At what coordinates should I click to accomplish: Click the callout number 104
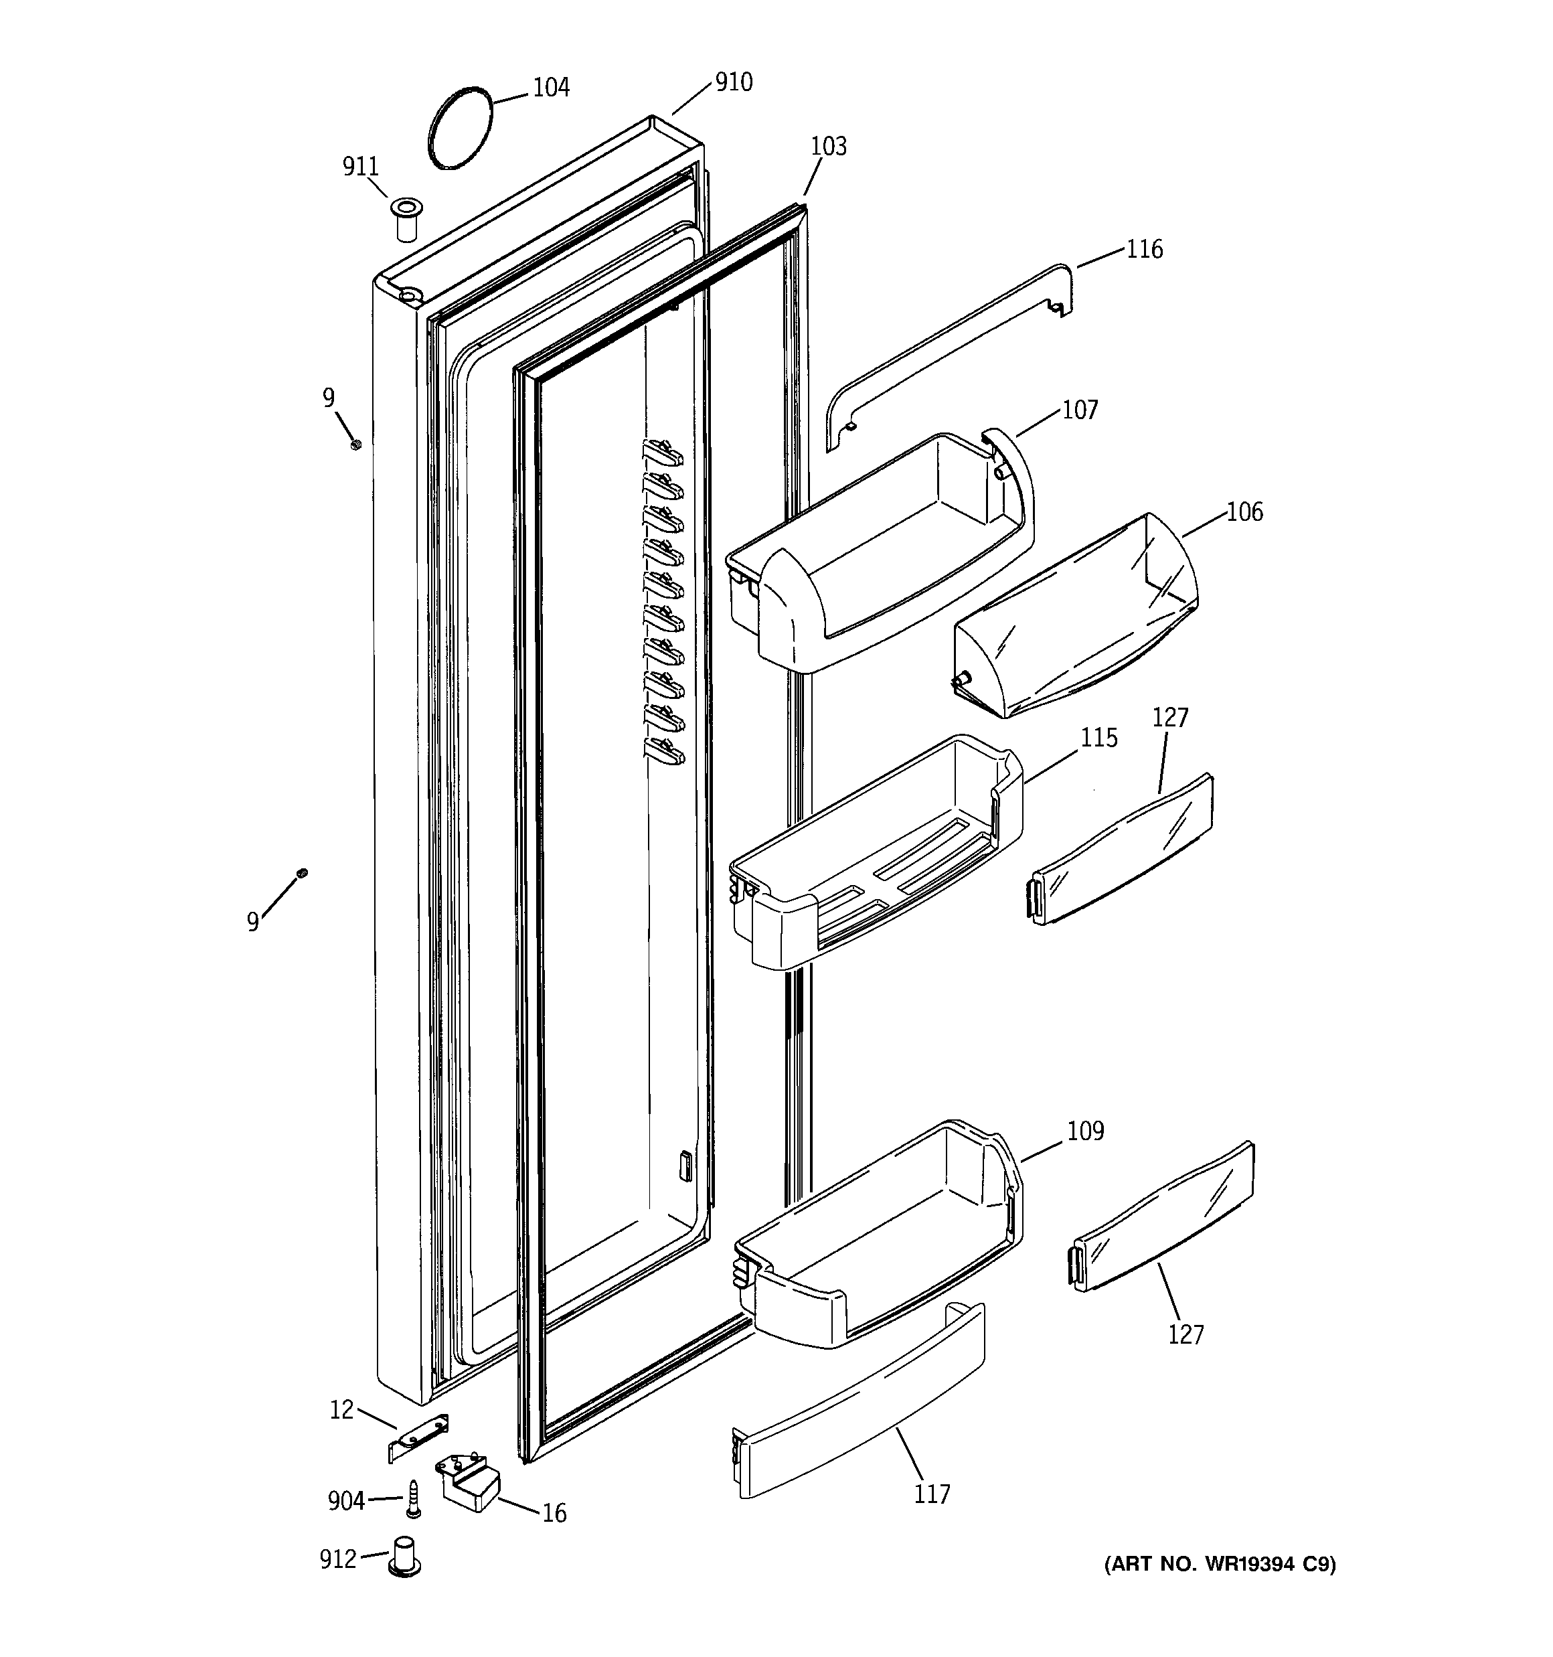pyautogui.click(x=551, y=88)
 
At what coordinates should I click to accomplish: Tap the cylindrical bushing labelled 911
pyautogui.click(x=406, y=220)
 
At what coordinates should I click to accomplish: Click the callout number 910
pyautogui.click(x=734, y=82)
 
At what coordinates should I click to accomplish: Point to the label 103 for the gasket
pyautogui.click(x=828, y=147)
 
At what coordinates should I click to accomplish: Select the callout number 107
pyautogui.click(x=1080, y=410)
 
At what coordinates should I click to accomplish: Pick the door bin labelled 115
pyautogui.click(x=876, y=858)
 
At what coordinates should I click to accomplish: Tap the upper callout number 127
pyautogui.click(x=1170, y=718)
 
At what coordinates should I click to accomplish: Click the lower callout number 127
pyautogui.click(x=1186, y=1335)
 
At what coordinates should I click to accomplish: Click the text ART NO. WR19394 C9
pyautogui.click(x=1220, y=1565)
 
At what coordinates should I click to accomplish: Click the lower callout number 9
pyautogui.click(x=252, y=922)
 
